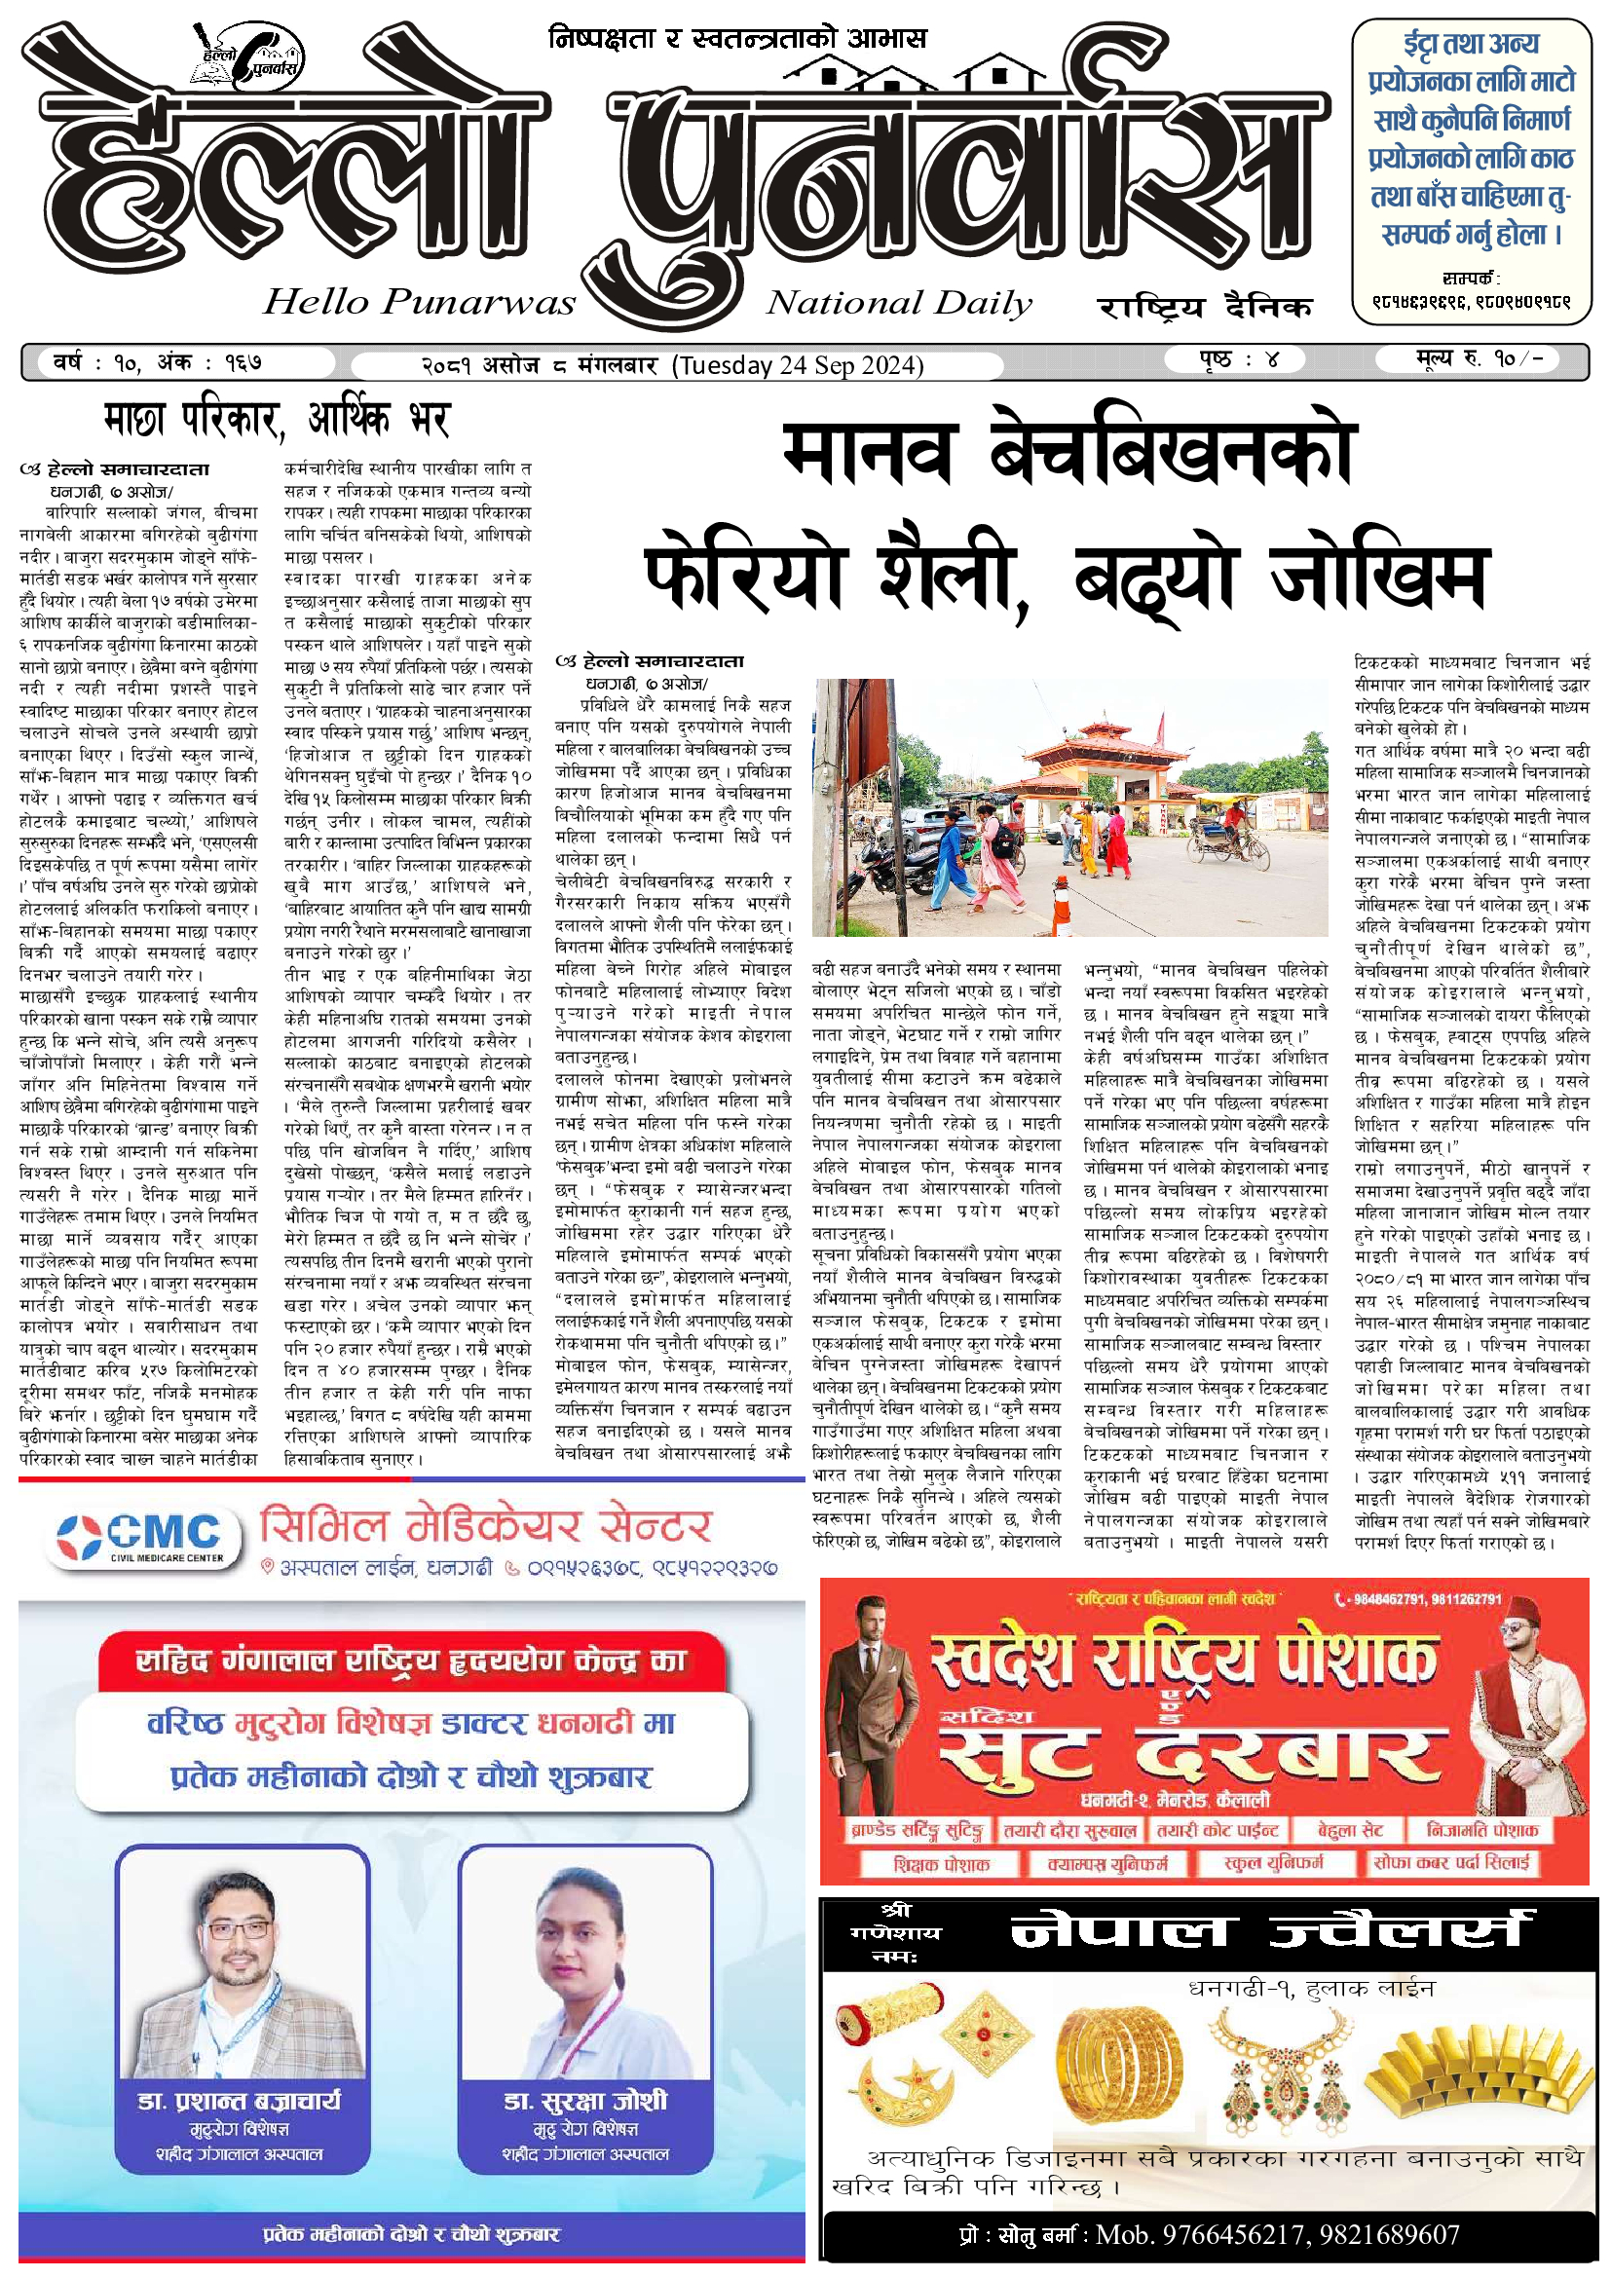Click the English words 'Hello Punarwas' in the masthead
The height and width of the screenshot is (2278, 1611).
(419, 302)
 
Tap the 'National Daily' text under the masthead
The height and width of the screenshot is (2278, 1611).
(899, 303)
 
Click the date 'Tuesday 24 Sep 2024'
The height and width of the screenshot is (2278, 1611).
(798, 365)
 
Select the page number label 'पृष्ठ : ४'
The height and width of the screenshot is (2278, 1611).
(1237, 359)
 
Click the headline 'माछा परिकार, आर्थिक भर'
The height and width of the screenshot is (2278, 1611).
(277, 420)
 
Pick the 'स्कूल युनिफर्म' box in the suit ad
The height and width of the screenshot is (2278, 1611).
(1274, 1863)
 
